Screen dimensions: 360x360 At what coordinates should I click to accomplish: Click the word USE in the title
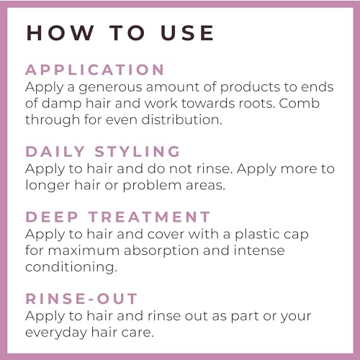pyautogui.click(x=187, y=32)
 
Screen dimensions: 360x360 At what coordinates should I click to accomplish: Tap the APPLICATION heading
pyautogui.click(x=95, y=70)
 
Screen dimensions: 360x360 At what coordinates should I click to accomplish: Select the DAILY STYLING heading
pyautogui.click(x=103, y=152)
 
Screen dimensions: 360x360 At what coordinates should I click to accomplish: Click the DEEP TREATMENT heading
pyautogui.click(x=118, y=217)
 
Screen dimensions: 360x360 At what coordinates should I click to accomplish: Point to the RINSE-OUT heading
pyautogui.click(x=81, y=299)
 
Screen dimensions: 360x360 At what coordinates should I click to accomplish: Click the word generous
pyautogui.click(x=111, y=88)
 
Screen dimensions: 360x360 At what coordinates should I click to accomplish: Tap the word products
pyautogui.click(x=250, y=87)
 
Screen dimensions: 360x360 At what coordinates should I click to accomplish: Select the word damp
pyautogui.click(x=62, y=104)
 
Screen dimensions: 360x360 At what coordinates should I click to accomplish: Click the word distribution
pyautogui.click(x=181, y=120)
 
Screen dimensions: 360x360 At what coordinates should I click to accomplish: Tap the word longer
pyautogui.click(x=48, y=186)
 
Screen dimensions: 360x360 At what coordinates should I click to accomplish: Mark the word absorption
pyautogui.click(x=161, y=251)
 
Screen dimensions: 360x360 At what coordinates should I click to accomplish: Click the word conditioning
pyautogui.click(x=71, y=267)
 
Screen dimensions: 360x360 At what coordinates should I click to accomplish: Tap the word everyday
pyautogui.click(x=56, y=333)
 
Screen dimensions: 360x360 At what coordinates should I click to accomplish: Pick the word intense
pyautogui.click(x=259, y=251)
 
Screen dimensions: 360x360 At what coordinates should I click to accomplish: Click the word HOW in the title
pyautogui.click(x=60, y=32)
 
